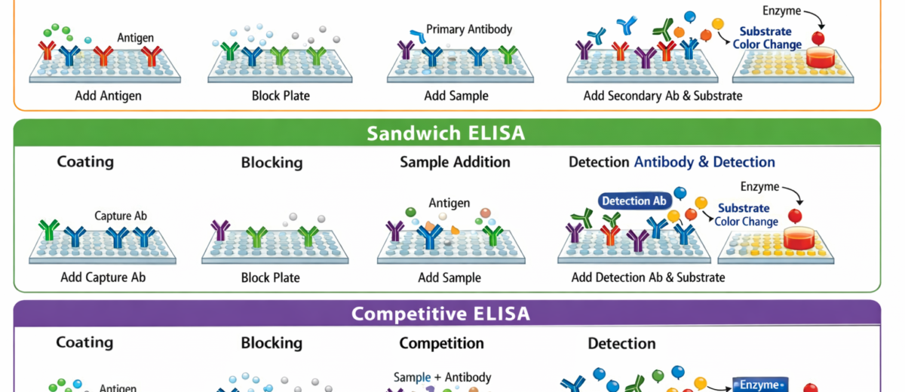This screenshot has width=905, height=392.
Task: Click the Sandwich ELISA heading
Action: pos(446,133)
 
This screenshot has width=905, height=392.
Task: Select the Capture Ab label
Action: pos(121,216)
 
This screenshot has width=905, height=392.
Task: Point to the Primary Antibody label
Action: pos(469,29)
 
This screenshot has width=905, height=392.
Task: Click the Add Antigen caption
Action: pos(108,96)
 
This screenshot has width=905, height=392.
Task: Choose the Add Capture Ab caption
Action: pos(103,277)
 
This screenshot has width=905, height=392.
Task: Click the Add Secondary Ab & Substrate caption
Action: pos(662,96)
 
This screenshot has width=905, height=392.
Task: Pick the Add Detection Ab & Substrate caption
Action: pos(648,277)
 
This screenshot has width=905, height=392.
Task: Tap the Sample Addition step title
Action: pos(455,162)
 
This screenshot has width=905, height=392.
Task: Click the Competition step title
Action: pos(441,343)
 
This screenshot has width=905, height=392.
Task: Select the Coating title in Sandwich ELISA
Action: pos(85,162)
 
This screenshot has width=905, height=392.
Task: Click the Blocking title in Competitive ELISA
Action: pos(271,343)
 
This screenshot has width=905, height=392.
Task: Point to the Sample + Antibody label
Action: pos(442,377)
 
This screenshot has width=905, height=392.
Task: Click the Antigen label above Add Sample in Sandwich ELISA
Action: pos(449,203)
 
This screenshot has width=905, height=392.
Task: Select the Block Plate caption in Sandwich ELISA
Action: pos(270,277)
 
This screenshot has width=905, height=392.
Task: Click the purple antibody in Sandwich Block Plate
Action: pos(220,230)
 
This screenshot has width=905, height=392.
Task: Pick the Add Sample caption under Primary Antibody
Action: pos(456,96)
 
